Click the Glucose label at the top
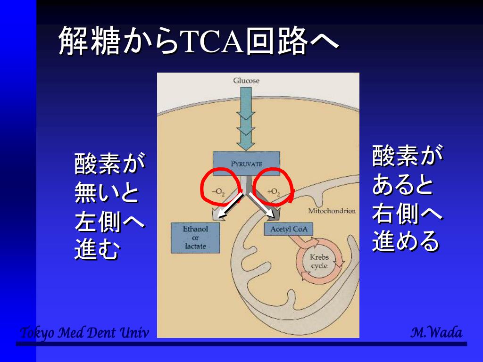tap(246, 81)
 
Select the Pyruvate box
tap(246, 164)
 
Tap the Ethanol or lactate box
tap(195, 238)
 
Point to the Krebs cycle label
tap(319, 262)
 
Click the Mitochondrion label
tap(332, 211)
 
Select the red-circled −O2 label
tap(218, 191)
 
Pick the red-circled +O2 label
tap(274, 191)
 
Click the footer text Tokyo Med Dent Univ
tap(84, 333)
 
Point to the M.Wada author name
tap(436, 332)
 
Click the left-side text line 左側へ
tap(109, 222)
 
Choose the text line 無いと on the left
tap(107, 193)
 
